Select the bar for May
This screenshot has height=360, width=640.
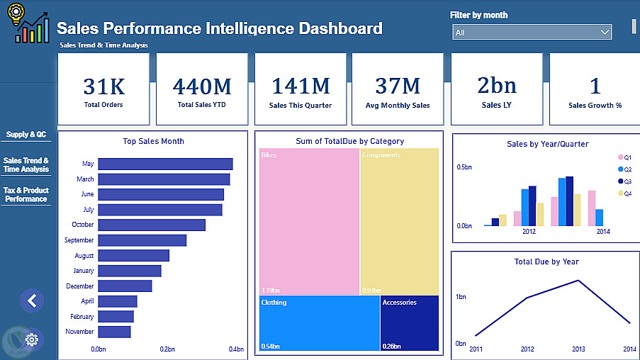165,164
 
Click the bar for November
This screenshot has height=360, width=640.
114,332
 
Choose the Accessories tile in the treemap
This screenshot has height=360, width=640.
409,323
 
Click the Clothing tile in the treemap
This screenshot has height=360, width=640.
319,323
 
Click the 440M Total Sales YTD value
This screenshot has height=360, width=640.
202,86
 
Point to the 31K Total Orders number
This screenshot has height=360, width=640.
103,86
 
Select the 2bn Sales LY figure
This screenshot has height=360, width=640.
497,86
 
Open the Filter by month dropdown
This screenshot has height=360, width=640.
532,33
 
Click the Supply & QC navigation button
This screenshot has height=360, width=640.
26,134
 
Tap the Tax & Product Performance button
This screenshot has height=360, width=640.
26,195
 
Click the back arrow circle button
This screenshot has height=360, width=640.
31,300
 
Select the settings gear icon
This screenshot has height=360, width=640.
31,339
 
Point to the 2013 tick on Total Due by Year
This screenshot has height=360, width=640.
579,349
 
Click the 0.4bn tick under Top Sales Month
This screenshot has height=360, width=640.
236,349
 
